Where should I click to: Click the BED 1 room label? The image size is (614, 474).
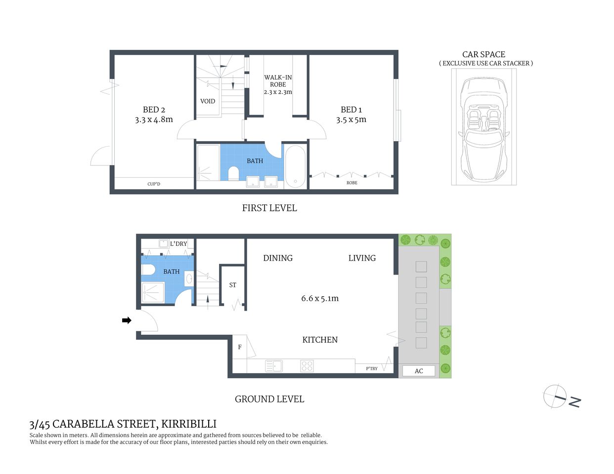click(351, 110)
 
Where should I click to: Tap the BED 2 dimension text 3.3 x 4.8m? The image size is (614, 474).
click(154, 119)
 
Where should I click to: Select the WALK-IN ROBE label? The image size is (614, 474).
click(278, 81)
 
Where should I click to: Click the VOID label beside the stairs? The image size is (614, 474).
click(208, 101)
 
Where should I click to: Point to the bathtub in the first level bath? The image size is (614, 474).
click(295, 167)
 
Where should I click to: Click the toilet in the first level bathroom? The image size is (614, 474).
click(233, 173)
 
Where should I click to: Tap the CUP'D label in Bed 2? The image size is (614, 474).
click(154, 184)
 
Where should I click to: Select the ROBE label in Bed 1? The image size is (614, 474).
click(351, 183)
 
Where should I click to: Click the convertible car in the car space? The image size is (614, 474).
click(483, 129)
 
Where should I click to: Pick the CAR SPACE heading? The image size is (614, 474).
click(483, 54)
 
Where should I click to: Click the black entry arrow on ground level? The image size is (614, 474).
click(127, 320)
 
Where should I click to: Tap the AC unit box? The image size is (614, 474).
click(419, 371)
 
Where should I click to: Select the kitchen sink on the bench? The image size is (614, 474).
click(274, 366)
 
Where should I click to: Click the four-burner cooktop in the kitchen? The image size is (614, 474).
click(307, 366)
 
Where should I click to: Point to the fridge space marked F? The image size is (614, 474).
click(240, 347)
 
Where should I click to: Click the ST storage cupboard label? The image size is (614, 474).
click(232, 285)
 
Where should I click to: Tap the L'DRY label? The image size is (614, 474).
click(178, 243)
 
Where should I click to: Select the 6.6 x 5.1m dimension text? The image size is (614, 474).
click(320, 298)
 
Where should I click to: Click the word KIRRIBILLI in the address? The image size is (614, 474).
click(189, 424)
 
